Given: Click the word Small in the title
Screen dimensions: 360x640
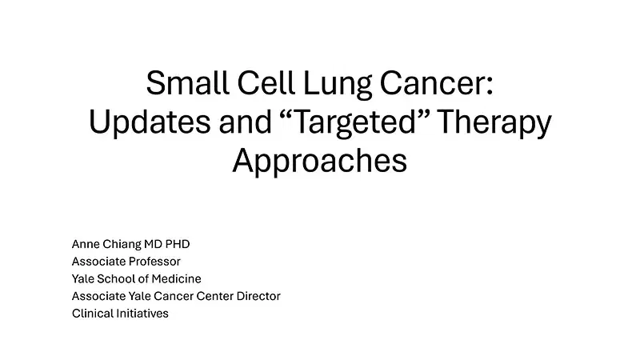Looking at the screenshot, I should pos(184,85).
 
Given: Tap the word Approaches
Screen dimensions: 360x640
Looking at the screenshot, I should pos(320,160).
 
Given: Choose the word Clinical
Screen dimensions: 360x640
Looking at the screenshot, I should pos(91,314).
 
